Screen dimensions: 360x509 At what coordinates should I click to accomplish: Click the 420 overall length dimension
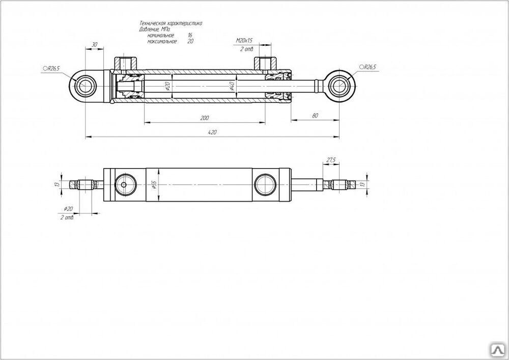point(213,132)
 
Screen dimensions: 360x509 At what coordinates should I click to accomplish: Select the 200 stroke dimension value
point(204,118)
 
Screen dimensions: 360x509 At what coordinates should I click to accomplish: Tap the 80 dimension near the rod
point(315,117)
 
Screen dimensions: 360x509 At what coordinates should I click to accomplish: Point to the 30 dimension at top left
point(94,45)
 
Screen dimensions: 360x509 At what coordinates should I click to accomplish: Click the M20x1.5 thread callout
point(244,40)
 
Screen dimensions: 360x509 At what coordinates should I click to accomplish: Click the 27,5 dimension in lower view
point(331,160)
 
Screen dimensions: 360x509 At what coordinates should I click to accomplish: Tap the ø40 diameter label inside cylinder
point(232,86)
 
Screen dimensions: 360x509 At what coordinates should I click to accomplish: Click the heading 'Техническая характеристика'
point(171,23)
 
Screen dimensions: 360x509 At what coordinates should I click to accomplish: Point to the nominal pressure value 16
point(190,35)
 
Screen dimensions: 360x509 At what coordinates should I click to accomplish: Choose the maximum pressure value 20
point(190,41)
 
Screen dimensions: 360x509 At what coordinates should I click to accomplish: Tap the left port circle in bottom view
point(124,184)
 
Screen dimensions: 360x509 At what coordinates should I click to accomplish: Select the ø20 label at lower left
point(69,209)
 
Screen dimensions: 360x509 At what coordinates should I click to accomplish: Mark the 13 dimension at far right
point(362,184)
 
